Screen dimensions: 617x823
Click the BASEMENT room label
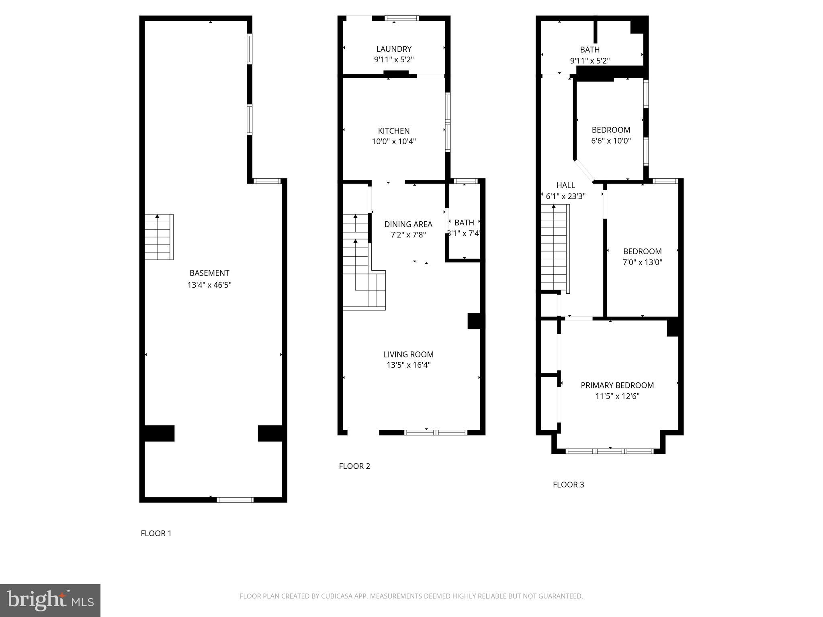(x=209, y=273)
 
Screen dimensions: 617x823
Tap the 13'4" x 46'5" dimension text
(x=209, y=285)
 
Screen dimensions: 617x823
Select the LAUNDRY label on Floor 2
(x=394, y=49)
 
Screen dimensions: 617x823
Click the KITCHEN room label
(x=394, y=131)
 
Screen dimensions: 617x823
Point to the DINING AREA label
(x=408, y=224)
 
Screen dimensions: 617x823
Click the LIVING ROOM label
(x=408, y=354)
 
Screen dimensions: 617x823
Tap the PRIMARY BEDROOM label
(x=617, y=385)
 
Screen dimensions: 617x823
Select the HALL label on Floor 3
(x=565, y=185)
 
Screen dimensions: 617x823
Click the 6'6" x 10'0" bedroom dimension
(x=611, y=141)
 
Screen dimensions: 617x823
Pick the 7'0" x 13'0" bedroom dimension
(x=642, y=263)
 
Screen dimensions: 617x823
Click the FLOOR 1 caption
(x=156, y=533)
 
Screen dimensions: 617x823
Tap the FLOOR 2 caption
(x=354, y=466)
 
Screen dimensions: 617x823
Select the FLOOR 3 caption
(x=568, y=484)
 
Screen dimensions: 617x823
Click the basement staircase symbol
(x=159, y=237)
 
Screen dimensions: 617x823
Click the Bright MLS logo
(x=50, y=601)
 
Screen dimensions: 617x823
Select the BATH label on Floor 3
(x=590, y=50)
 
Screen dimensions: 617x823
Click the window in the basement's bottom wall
(x=235, y=500)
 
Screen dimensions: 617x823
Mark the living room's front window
(x=436, y=433)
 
